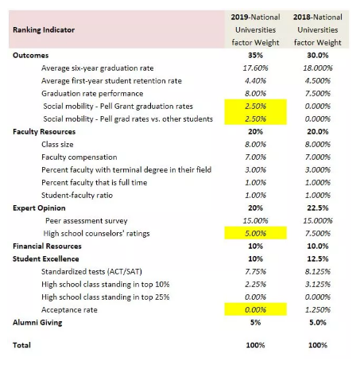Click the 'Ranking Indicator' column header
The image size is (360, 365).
point(44,29)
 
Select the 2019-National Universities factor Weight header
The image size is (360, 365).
point(255,29)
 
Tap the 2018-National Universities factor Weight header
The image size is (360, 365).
point(318,29)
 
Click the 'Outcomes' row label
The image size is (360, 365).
point(31,55)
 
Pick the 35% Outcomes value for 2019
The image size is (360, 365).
point(255,55)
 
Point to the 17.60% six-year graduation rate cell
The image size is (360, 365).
point(255,68)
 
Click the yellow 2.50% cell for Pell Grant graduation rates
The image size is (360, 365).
point(255,106)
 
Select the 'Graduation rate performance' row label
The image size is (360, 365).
point(92,94)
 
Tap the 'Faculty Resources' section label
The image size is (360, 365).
point(45,131)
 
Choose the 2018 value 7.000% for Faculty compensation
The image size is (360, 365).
point(318,157)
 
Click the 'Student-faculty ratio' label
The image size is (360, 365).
point(77,196)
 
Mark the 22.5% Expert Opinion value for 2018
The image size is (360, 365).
point(318,208)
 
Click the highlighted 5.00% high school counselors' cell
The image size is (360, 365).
point(255,233)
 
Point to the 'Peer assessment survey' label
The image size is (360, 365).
point(87,221)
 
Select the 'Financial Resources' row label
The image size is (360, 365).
point(47,246)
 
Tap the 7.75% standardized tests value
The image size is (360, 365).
point(255,271)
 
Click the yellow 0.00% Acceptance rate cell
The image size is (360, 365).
point(255,309)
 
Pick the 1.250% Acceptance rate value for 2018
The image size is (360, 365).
point(318,309)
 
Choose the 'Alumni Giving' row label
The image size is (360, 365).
point(37,323)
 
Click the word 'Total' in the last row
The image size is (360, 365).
point(21,345)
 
